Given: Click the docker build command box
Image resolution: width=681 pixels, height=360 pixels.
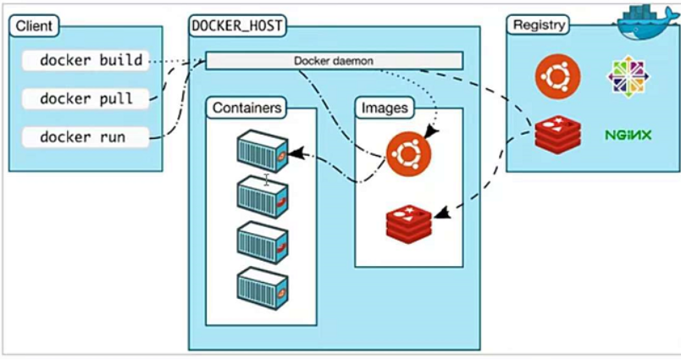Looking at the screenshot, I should coord(85,61).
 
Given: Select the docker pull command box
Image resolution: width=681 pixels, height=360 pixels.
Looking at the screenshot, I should coord(85,98).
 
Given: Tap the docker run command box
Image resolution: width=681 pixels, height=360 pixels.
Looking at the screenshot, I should coord(85,136).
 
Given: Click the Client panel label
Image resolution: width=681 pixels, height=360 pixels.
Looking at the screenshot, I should coord(33,25).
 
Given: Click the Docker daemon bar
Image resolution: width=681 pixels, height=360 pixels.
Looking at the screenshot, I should coord(334,61).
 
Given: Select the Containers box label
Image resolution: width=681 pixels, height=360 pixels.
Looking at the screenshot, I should coord(246,108).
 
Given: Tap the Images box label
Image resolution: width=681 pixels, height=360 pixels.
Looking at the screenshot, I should coord(385,108).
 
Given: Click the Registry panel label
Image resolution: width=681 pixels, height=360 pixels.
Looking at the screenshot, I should coord(539,25).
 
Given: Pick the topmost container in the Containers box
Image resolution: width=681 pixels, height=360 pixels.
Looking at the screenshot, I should coord(262,149).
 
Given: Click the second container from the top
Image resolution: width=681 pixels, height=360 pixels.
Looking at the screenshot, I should coord(262,193).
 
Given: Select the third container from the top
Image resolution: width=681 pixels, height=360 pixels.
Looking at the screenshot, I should coord(262,240).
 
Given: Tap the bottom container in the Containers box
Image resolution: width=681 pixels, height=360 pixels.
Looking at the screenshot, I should coord(262,286).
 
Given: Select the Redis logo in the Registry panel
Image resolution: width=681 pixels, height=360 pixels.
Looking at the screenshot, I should coord(556,135).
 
